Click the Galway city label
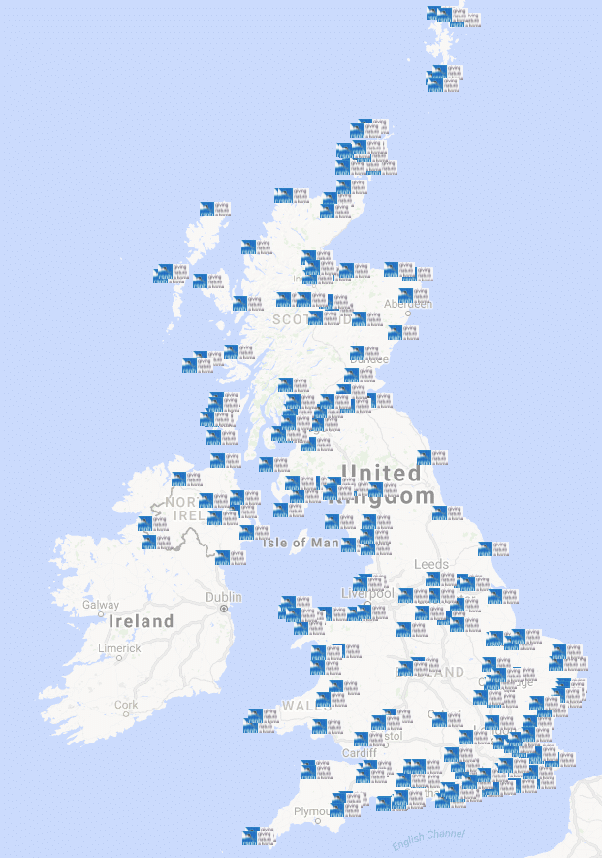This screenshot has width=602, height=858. [x=101, y=605]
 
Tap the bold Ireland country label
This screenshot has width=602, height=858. [x=142, y=621]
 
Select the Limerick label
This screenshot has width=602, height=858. [x=119, y=647]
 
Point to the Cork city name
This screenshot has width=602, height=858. [x=126, y=704]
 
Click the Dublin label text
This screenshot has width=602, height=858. [x=223, y=597]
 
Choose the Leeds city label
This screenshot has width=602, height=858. [x=431, y=564]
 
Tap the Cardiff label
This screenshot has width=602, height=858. [x=359, y=753]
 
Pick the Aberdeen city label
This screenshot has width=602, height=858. [x=408, y=303]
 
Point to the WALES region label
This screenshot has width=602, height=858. [x=306, y=706]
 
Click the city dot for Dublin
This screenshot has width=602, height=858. [x=224, y=609]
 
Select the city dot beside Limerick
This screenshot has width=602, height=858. [x=120, y=658]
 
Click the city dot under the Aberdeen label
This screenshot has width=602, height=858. [x=409, y=313]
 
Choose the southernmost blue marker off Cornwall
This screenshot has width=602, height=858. [x=251, y=835]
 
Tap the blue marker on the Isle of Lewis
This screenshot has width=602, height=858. [x=207, y=209]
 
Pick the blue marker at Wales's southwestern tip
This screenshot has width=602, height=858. [x=254, y=716]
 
